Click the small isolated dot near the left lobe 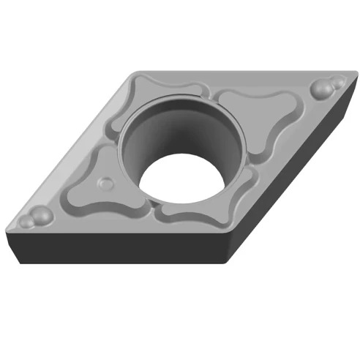107,181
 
